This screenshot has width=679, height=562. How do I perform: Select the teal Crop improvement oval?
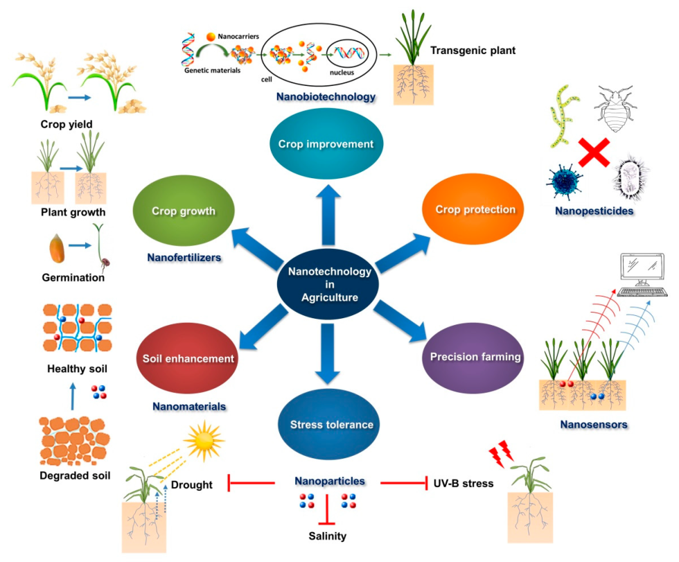click(326, 144)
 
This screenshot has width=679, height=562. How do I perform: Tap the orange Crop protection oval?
click(475, 209)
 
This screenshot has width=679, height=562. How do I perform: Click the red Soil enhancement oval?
click(188, 359)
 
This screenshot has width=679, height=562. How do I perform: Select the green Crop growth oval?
click(184, 211)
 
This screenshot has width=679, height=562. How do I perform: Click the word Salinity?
click(328, 536)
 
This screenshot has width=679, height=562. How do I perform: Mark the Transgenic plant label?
click(473, 51)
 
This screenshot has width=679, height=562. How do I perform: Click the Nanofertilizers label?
click(184, 258)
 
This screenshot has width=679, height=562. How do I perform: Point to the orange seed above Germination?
click(57, 246)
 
